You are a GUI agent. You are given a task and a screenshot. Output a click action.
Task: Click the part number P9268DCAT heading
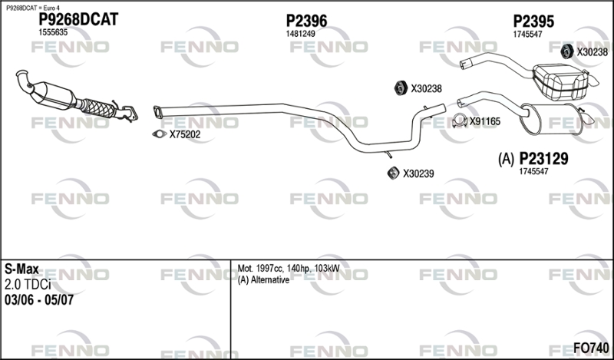point(78,20)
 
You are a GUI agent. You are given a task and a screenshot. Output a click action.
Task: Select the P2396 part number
point(306,21)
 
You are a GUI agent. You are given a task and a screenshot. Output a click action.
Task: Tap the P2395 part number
point(533,21)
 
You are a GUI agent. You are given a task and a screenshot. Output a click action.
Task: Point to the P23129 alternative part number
point(543,159)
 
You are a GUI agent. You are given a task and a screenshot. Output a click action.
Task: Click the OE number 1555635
point(53,32)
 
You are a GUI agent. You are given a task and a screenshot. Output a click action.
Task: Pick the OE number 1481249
point(300,34)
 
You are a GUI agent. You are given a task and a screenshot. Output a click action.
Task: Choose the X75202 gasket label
point(184,135)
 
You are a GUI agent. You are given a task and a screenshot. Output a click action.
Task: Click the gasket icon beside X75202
point(159,134)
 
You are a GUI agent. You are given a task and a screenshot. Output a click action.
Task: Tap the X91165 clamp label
point(485,122)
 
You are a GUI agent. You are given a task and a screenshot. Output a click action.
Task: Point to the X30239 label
point(418,173)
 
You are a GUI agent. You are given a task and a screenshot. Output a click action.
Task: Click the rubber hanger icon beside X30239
point(393,173)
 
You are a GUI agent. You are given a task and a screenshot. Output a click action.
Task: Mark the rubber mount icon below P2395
point(566,51)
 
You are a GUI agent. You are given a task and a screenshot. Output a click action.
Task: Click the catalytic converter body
point(53,94)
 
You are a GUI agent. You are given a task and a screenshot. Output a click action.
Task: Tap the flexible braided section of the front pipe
point(98,107)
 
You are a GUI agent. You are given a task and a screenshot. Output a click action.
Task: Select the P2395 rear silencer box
point(560,82)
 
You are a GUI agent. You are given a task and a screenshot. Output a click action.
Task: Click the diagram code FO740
point(591,348)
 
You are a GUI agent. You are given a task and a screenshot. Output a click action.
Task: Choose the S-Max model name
point(21,269)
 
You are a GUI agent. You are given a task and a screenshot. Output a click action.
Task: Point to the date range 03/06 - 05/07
point(39,300)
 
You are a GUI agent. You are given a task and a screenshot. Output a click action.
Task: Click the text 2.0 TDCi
point(28,285)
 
